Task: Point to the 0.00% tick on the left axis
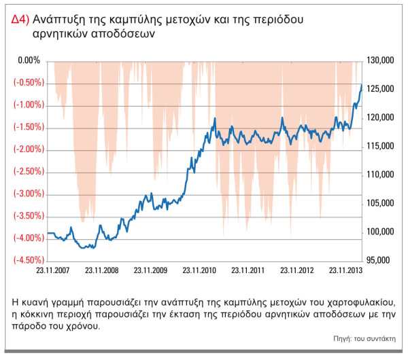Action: [30, 60]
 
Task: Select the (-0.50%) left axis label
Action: [28, 83]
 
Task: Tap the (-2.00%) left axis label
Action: [28, 149]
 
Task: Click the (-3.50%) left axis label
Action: [28, 216]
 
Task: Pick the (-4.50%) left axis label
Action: [28, 260]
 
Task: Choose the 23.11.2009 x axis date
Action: [150, 270]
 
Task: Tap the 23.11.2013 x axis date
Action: [345, 270]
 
